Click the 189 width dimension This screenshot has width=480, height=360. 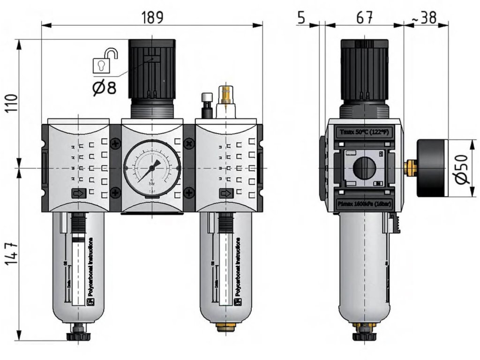152,17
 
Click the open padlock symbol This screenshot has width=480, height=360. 105,60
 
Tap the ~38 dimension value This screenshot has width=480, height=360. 424,17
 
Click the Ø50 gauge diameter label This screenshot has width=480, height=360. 461,169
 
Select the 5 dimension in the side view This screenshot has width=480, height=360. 301,17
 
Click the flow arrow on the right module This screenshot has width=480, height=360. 226,193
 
